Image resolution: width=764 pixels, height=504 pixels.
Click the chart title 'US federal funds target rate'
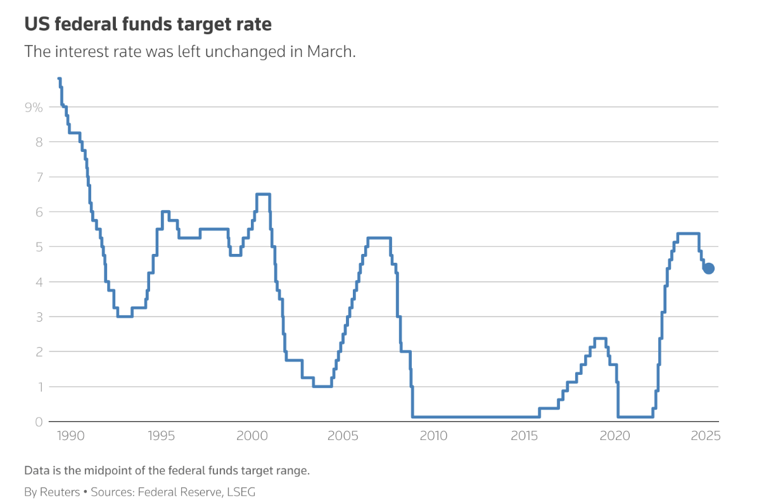coord(148,25)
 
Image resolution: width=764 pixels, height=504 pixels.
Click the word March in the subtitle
coord(331,51)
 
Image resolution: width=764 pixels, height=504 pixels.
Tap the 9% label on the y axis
coord(34,108)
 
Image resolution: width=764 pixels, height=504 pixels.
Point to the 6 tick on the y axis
coord(38,212)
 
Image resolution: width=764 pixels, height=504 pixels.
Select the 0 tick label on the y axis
coord(38,422)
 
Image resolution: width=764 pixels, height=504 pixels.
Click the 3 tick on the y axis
coord(38,317)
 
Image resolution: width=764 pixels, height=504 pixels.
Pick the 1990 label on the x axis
coord(70,436)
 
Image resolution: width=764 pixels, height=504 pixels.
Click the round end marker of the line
coord(709,268)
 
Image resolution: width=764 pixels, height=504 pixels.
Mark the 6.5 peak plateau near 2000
coord(263,194)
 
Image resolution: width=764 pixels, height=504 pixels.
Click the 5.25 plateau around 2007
coord(379,238)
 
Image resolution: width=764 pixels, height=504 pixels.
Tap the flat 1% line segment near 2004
coord(322,386)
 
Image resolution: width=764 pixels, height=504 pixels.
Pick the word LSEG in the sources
coord(241,491)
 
